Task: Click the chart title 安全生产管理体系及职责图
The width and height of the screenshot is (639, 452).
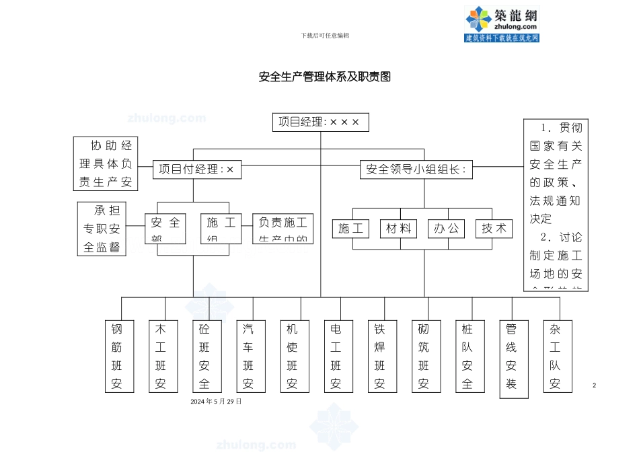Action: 325,77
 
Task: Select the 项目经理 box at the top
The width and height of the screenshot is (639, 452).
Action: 320,122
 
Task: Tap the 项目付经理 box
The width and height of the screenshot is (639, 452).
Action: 197,169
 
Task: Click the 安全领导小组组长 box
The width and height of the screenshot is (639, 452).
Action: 416,169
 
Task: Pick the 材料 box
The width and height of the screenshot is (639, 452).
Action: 398,229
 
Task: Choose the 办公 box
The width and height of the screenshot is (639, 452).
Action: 446,229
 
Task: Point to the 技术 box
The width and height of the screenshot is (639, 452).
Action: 494,229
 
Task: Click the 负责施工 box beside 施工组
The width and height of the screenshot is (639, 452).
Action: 283,229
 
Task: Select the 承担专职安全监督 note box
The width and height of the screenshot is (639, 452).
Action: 102,229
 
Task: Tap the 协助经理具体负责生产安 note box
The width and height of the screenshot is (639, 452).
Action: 105,163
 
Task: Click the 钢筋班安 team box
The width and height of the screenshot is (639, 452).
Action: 117,356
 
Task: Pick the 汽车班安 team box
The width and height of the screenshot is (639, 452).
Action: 248,356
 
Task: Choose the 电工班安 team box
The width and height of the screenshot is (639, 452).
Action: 336,356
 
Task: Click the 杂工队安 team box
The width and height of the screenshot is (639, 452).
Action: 556,356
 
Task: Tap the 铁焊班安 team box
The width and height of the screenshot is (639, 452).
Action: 380,356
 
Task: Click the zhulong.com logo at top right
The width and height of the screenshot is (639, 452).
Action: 502,24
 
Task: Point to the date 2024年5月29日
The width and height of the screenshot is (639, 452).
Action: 216,402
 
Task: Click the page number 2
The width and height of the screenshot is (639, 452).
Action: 595,385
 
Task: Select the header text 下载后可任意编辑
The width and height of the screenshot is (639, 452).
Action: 325,35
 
